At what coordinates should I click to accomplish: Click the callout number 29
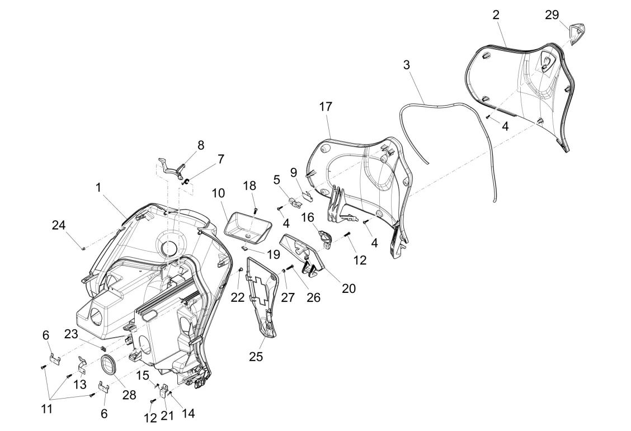552,15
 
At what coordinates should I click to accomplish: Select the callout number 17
326,106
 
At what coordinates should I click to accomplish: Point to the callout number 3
406,65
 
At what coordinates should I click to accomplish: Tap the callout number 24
59,225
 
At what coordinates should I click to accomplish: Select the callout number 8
200,145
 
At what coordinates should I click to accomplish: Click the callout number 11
46,409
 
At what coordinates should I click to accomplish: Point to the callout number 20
349,288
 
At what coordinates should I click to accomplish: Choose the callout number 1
98,188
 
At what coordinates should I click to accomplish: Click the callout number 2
496,15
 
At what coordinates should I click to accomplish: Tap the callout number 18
249,186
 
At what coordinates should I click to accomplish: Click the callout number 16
308,216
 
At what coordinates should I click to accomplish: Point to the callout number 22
238,297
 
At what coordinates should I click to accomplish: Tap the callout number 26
313,297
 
